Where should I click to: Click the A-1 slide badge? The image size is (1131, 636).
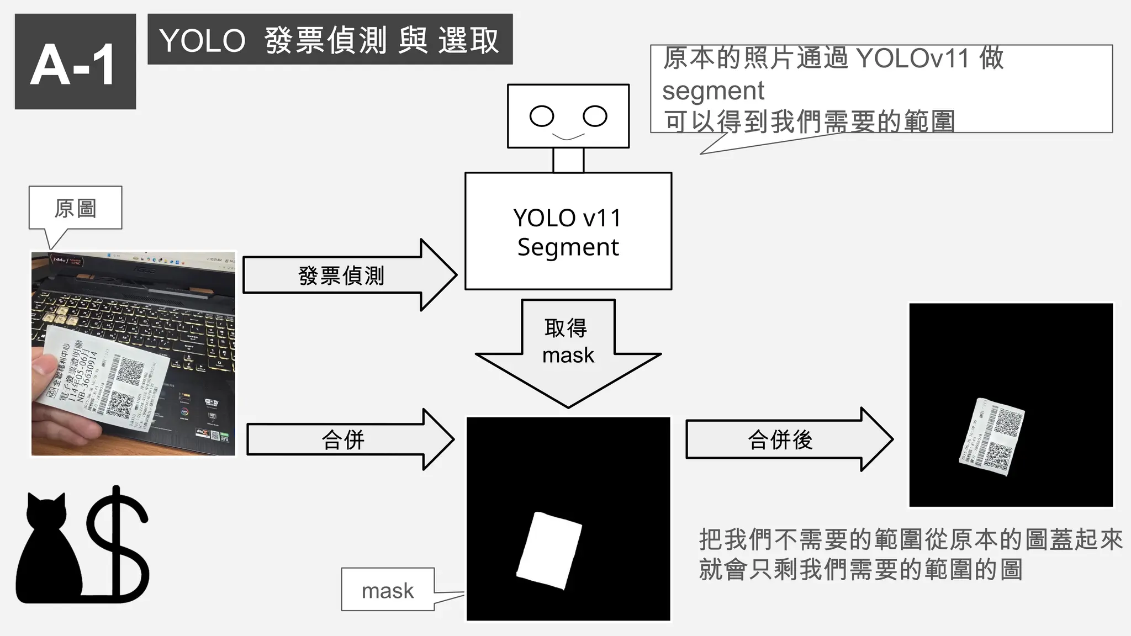[75, 62]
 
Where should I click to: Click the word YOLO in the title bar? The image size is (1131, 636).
[202, 41]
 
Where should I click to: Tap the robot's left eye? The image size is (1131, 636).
[541, 116]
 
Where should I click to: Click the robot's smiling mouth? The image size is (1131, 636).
[568, 136]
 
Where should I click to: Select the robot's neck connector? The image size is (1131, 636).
[568, 160]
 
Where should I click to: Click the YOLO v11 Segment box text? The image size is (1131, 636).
[568, 232]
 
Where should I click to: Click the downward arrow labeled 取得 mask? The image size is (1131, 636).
[568, 348]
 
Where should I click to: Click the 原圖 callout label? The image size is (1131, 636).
[75, 208]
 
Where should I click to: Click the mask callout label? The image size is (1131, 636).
[388, 590]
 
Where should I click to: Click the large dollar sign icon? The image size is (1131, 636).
[117, 544]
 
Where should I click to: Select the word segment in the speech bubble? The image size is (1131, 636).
[713, 91]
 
